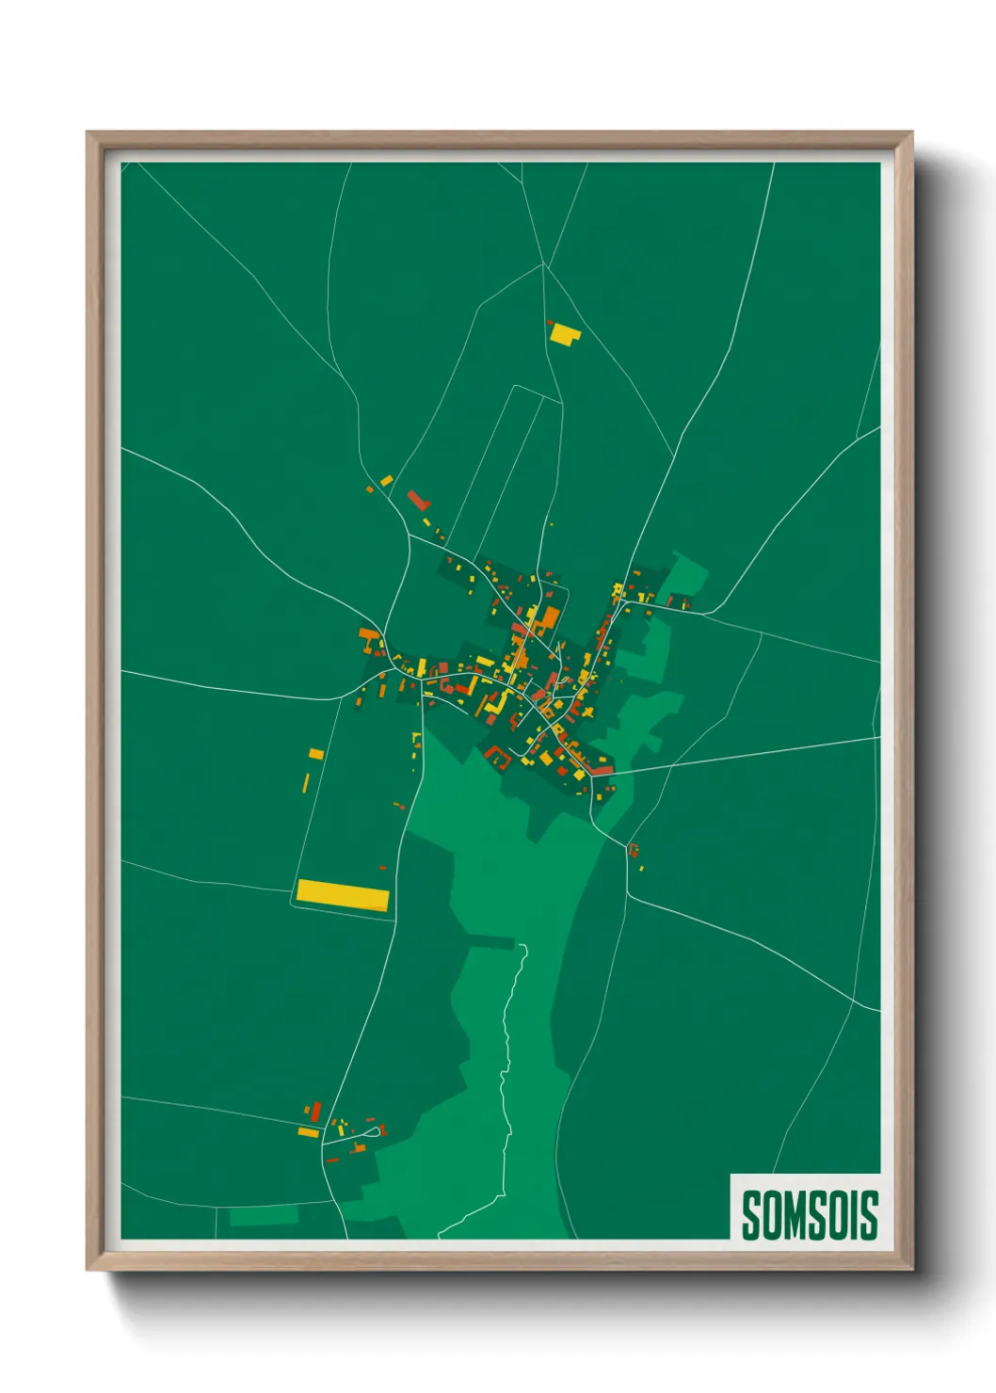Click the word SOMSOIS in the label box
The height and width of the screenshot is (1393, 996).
click(x=809, y=1214)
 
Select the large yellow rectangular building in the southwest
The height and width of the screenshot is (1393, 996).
click(x=343, y=895)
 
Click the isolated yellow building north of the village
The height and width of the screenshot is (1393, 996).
click(x=564, y=333)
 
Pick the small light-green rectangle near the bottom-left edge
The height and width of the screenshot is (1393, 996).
click(x=264, y=1215)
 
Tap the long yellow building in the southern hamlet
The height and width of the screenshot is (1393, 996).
click(x=309, y=1132)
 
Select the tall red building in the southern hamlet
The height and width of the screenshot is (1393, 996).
click(x=316, y=1112)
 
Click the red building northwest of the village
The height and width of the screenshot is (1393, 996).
click(x=418, y=500)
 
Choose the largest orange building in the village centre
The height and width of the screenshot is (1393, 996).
click(x=549, y=617)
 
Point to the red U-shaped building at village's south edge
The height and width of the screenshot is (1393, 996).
click(x=497, y=753)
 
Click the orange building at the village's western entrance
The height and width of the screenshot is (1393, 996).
click(x=368, y=636)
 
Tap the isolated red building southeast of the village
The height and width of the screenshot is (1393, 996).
click(x=634, y=850)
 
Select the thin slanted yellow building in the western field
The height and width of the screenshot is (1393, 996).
click(x=306, y=783)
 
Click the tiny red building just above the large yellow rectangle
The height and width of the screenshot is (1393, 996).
click(x=382, y=868)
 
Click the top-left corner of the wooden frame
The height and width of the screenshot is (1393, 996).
click(x=88, y=133)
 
